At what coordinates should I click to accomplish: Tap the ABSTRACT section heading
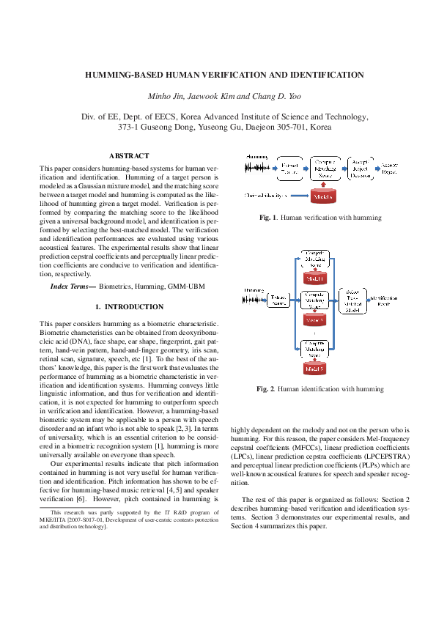pyautogui.click(x=128, y=155)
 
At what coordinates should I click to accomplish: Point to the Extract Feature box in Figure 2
pyautogui.click(x=278, y=300)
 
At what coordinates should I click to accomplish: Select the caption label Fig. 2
pyautogui.click(x=267, y=388)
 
